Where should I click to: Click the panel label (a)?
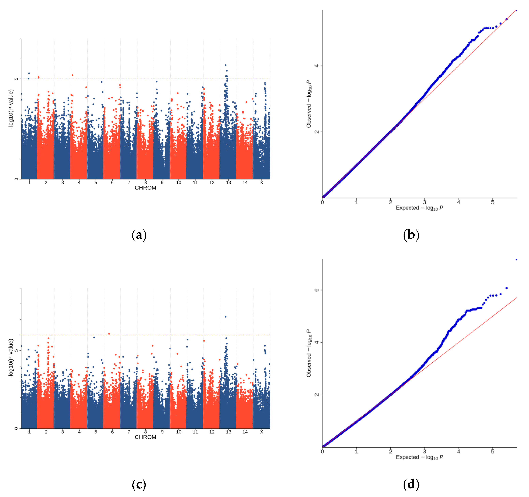pos(139,235)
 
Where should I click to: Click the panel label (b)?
pos(411,235)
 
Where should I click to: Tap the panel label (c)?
pos(139,484)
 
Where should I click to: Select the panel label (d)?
pos(411,484)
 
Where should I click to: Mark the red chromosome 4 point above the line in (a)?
pos(72,75)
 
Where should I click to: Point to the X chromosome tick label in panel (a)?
pos(262,182)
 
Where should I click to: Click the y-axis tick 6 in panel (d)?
pos(316,290)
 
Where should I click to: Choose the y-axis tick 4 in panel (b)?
pos(316,66)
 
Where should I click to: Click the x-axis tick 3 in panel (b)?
pos(424,202)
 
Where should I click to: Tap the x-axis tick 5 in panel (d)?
pos(493,451)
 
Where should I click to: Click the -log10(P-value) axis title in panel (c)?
pos(11,358)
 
